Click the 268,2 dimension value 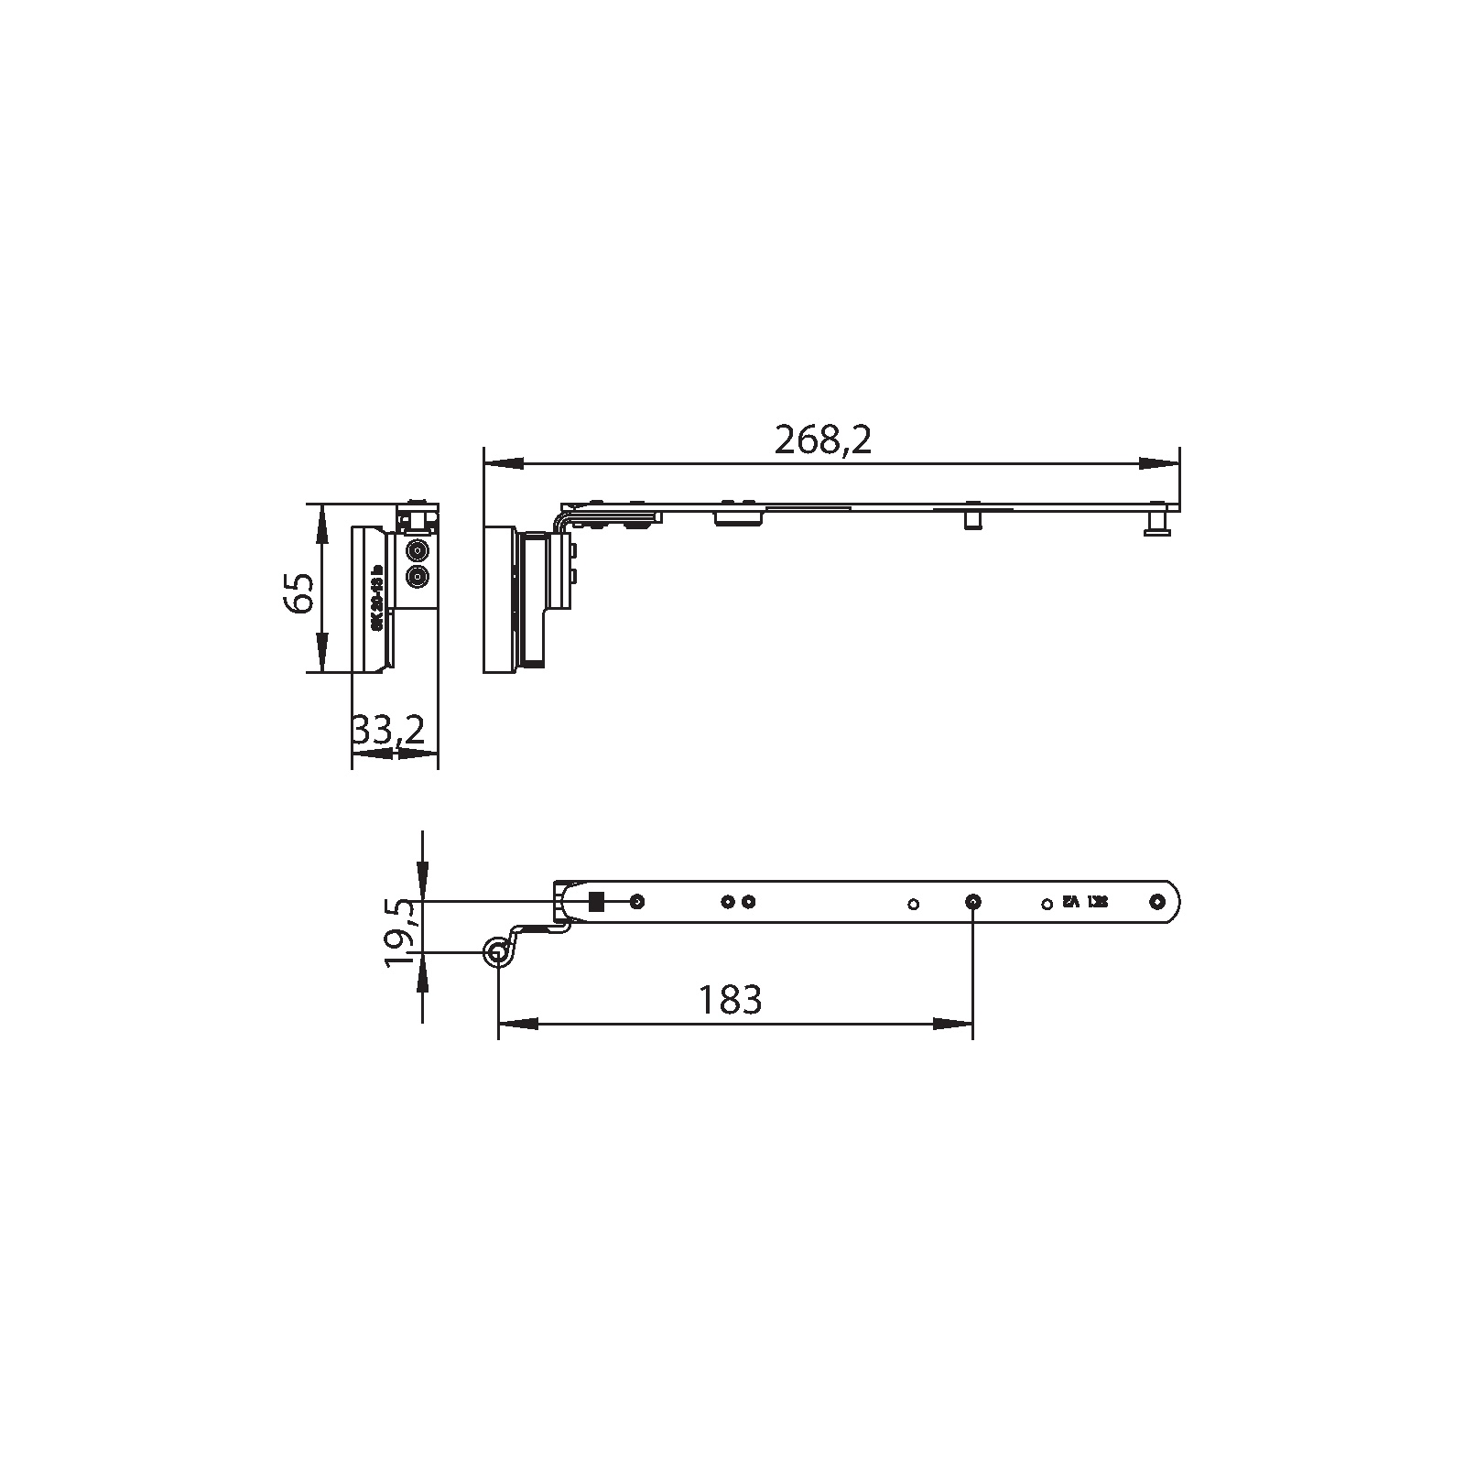(822, 440)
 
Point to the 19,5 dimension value (400, 932)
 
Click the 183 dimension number (730, 999)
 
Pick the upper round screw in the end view (418, 551)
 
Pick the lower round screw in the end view (418, 578)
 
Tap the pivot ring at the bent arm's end (498, 953)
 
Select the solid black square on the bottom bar (596, 902)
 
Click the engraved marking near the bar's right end (1085, 902)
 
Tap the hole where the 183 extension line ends (972, 902)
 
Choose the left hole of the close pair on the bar (728, 902)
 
